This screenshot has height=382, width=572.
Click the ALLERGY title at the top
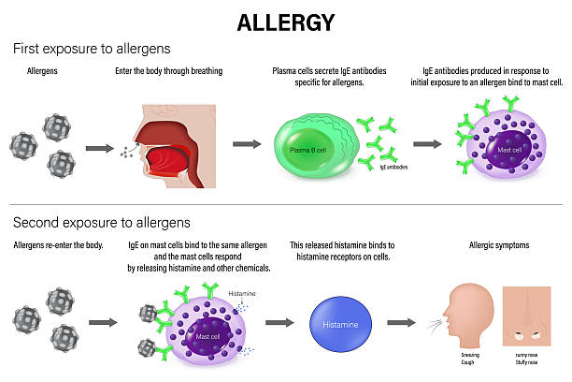285,21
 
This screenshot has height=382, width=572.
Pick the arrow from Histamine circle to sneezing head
401,322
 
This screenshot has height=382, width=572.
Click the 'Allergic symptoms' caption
498,245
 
